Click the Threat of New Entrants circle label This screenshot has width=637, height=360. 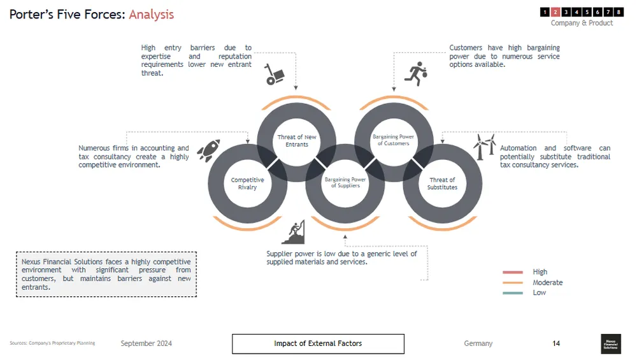click(x=296, y=141)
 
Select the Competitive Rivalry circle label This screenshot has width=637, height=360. click(x=247, y=184)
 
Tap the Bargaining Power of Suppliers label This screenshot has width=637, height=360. click(x=345, y=183)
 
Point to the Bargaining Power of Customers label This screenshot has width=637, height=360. click(x=393, y=140)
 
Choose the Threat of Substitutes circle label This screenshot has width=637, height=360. click(x=442, y=184)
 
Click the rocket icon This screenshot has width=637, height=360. click(x=208, y=151)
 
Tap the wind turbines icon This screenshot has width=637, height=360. click(x=484, y=147)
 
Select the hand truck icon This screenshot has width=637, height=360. click(x=275, y=75)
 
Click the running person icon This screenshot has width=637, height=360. click(x=417, y=74)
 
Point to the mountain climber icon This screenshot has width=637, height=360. click(x=293, y=233)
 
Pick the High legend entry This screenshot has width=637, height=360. click(x=540, y=272)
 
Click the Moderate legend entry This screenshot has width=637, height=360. click(x=547, y=282)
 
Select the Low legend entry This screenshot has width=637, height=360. click(x=539, y=292)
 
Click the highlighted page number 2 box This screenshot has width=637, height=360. click(x=555, y=11)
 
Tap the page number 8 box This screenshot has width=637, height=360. click(x=619, y=11)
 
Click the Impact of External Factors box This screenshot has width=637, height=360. click(x=318, y=343)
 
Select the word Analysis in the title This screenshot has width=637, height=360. click(x=151, y=14)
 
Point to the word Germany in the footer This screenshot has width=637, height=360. click(x=478, y=343)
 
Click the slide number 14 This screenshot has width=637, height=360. click(x=556, y=343)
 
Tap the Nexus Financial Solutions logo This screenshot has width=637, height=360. click(x=611, y=343)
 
